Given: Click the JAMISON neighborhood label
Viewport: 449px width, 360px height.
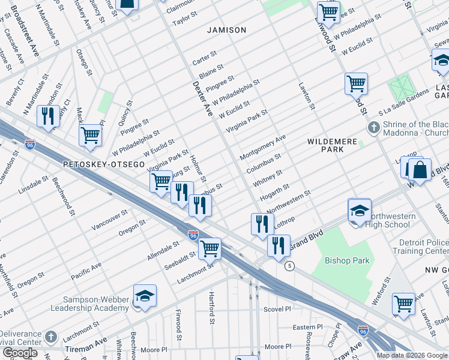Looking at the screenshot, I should pyautogui.click(x=226, y=30).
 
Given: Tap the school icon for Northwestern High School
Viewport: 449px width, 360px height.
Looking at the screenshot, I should pyautogui.click(x=359, y=211).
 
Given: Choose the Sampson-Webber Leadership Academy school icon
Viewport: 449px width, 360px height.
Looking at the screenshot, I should pyautogui.click(x=145, y=297).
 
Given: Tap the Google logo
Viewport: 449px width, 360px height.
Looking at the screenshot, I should pyautogui.click(x=20, y=353).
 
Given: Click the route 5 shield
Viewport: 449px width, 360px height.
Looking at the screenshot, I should pyautogui.click(x=289, y=266).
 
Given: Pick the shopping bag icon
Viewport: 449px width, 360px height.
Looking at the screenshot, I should pyautogui.click(x=420, y=170).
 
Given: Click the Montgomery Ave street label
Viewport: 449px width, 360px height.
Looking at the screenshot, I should pyautogui.click(x=262, y=148).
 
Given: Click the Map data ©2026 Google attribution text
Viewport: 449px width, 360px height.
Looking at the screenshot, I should pyautogui.click(x=412, y=355).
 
